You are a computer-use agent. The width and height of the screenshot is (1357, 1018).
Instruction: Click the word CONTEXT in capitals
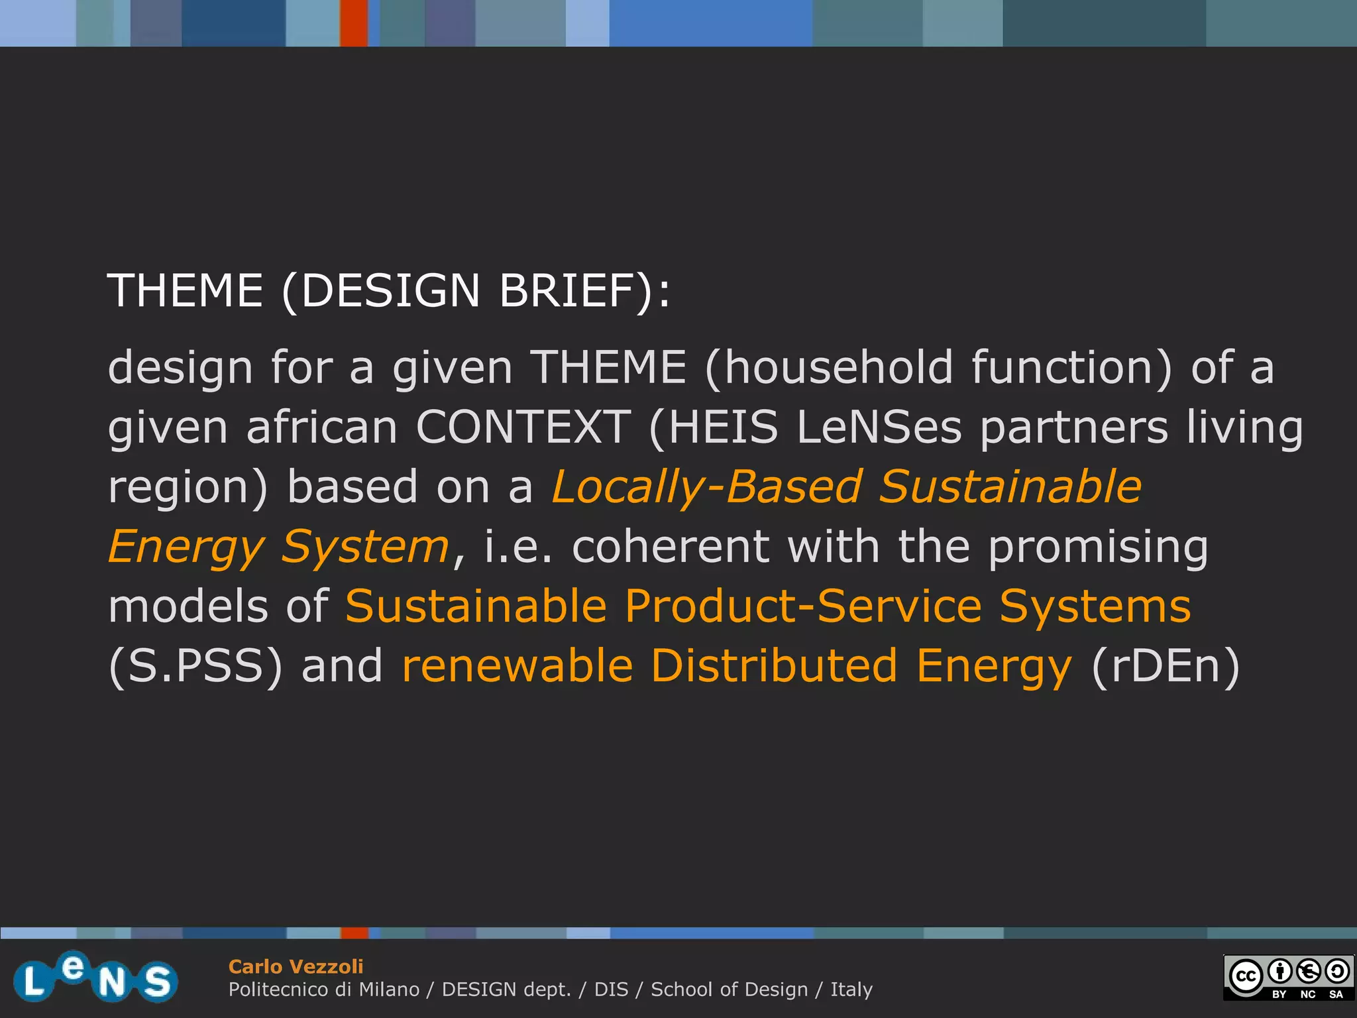523,427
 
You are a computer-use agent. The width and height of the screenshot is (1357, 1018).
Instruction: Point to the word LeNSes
879,427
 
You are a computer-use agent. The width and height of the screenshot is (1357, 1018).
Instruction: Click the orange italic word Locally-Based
706,486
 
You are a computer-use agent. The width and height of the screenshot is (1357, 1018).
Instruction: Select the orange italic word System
365,547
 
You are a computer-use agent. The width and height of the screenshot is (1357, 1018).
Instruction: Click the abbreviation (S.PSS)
195,666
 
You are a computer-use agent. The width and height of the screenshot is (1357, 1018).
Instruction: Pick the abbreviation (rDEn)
1165,666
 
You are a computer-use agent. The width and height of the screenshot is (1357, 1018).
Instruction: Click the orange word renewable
517,666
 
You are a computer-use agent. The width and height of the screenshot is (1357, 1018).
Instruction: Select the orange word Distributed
774,666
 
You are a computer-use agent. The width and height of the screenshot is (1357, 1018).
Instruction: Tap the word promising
1098,547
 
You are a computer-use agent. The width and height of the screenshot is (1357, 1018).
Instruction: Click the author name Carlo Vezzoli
296,966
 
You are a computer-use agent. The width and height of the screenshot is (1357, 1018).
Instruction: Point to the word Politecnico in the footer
280,990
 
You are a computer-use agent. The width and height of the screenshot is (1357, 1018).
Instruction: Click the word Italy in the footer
851,990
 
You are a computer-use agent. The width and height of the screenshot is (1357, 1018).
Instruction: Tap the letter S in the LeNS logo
158,982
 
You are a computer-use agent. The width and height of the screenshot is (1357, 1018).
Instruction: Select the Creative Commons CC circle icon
1246,976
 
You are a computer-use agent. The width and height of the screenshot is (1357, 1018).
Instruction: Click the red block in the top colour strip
354,23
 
